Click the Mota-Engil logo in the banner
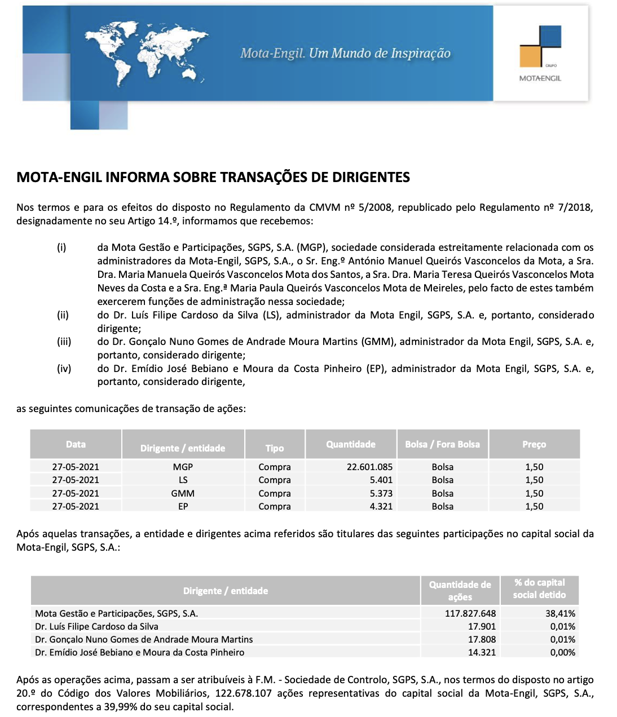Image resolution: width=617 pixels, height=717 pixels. (x=540, y=54)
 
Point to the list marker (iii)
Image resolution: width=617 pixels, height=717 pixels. (x=64, y=342)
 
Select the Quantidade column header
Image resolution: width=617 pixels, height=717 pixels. (x=350, y=444)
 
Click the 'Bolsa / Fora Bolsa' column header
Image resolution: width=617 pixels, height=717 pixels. (x=442, y=444)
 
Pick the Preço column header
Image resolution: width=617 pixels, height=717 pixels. (x=534, y=444)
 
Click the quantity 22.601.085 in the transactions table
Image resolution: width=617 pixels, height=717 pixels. (x=369, y=467)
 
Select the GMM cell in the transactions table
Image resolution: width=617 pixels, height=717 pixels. (x=183, y=493)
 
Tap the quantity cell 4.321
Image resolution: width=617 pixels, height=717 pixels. (x=381, y=506)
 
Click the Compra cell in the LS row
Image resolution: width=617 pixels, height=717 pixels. (x=275, y=480)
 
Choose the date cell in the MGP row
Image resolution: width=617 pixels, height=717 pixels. (x=76, y=467)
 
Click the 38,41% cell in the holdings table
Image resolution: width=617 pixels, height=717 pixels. (x=560, y=613)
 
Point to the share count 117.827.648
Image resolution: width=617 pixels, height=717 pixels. (x=470, y=613)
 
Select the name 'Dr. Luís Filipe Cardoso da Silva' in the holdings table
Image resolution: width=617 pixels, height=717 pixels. (x=96, y=626)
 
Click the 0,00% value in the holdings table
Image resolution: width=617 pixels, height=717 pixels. (x=562, y=652)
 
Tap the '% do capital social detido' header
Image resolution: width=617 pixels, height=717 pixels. (x=539, y=588)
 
